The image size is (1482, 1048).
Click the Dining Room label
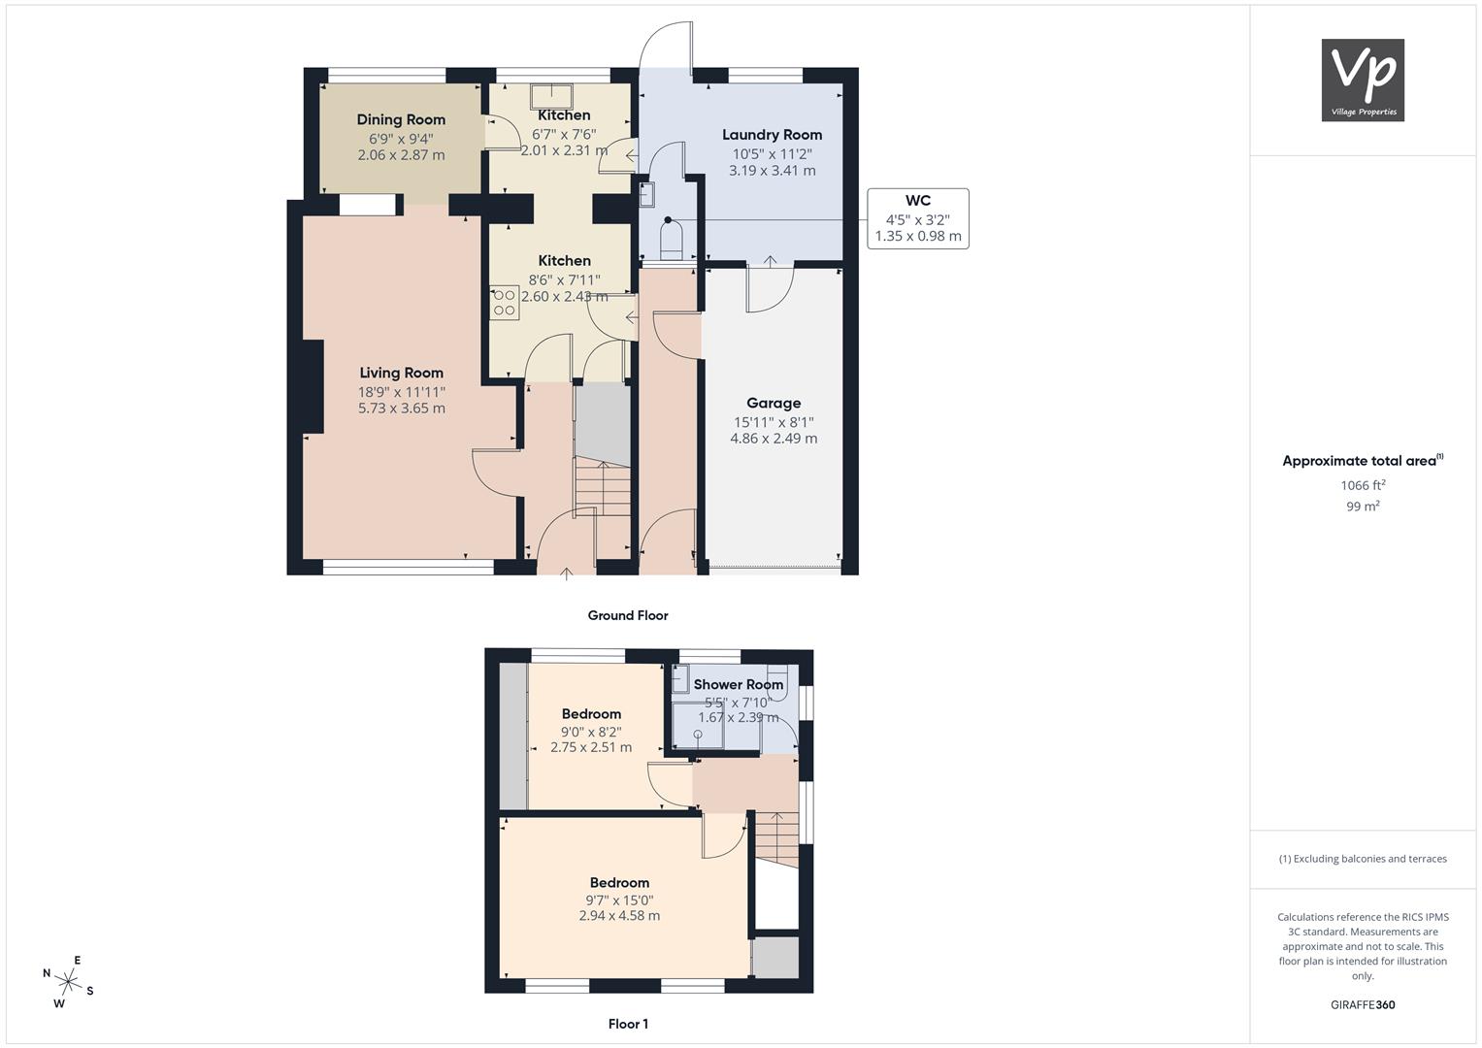[x=401, y=119]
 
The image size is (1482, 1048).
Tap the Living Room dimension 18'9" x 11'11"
[x=402, y=392]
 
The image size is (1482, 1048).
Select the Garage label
[x=774, y=403]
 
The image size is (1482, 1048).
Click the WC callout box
[x=918, y=218]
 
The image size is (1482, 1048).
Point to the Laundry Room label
[x=773, y=135]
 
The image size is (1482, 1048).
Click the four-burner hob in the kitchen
[x=504, y=303]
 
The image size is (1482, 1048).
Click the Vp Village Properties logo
[x=1363, y=80]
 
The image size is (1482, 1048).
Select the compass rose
[x=68, y=982]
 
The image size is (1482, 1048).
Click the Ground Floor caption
[x=628, y=615]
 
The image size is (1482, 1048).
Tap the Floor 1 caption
[x=628, y=1024]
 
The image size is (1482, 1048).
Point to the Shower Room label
[x=739, y=685]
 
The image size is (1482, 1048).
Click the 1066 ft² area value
[x=1363, y=485]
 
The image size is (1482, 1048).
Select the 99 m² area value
[x=1363, y=507]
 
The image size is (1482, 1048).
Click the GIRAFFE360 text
[x=1363, y=1004]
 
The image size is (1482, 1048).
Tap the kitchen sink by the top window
[x=551, y=97]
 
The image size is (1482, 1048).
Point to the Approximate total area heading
[x=1363, y=461]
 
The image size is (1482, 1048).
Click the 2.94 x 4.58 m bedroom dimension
[x=619, y=916]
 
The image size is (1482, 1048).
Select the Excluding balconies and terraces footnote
[x=1363, y=859]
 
